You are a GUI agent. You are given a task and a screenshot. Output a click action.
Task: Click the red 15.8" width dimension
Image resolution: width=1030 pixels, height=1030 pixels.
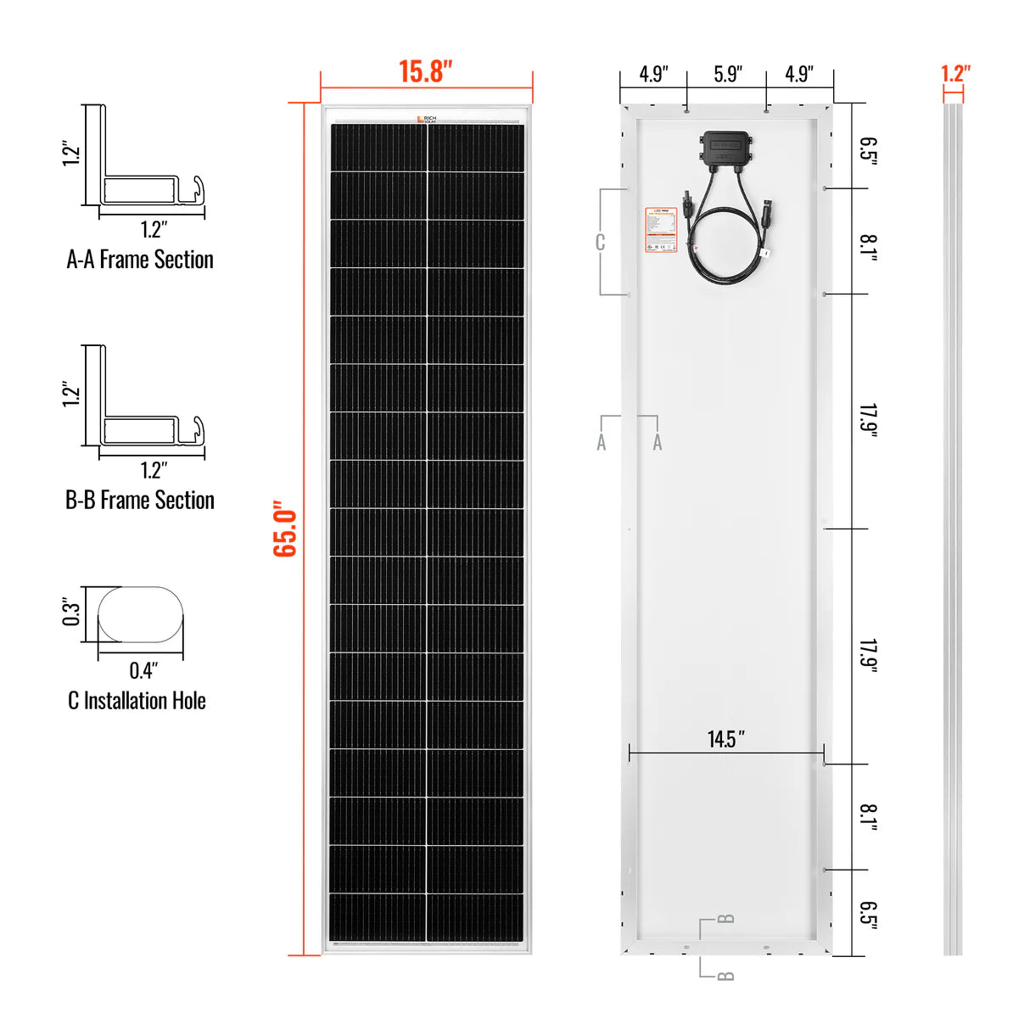click(x=426, y=71)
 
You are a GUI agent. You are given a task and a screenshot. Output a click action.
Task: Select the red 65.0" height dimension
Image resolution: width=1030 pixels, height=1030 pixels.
click(x=285, y=529)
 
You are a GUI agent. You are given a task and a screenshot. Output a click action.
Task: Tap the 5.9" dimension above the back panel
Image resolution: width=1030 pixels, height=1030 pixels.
click(x=727, y=75)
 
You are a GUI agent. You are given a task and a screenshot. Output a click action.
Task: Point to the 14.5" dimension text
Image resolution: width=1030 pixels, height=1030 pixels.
click(x=726, y=739)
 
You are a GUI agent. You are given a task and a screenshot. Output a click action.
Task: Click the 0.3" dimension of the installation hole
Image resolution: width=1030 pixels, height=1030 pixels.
click(x=71, y=613)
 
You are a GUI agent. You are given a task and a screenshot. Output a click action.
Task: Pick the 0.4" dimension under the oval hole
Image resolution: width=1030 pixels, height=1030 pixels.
click(x=143, y=671)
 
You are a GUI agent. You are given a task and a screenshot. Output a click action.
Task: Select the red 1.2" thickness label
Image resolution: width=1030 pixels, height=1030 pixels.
click(x=955, y=74)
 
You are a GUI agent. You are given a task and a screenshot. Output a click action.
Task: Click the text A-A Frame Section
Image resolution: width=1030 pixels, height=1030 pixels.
click(x=140, y=260)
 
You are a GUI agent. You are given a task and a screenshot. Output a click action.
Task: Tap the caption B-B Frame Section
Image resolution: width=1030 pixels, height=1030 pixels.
click(x=140, y=501)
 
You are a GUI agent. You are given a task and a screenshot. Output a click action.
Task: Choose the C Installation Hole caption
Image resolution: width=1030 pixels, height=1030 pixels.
click(x=137, y=701)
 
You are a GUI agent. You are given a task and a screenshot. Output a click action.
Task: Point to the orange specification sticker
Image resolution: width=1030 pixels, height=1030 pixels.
click(x=661, y=230)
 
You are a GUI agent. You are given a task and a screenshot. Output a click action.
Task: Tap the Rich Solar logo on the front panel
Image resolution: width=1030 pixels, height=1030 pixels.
click(x=427, y=120)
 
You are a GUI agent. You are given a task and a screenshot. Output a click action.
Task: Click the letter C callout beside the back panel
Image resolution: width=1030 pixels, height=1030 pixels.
click(x=600, y=243)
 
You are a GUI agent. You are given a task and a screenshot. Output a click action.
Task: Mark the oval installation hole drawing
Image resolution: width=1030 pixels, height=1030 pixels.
click(x=141, y=614)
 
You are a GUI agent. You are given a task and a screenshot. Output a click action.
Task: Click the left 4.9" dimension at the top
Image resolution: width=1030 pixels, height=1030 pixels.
click(x=653, y=75)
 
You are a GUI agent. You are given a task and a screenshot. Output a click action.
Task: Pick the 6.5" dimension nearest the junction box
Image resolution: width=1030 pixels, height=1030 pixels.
click(x=868, y=151)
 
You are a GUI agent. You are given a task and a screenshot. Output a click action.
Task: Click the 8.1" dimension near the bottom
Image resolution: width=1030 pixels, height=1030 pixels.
click(x=868, y=818)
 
